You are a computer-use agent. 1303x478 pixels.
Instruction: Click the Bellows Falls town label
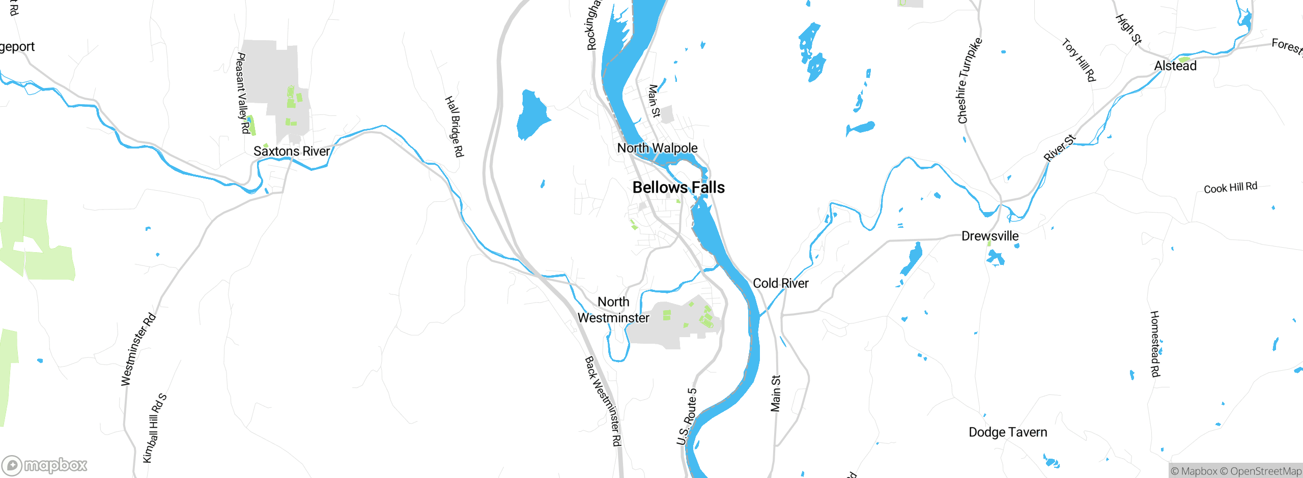pyautogui.click(x=678, y=188)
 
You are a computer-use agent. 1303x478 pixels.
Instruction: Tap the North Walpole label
pyautogui.click(x=657, y=148)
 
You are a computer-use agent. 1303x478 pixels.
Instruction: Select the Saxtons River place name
pyautogui.click(x=292, y=151)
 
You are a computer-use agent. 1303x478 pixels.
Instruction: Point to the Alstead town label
pyautogui.click(x=1175, y=66)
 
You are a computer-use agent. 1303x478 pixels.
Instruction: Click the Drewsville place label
pyautogui.click(x=989, y=236)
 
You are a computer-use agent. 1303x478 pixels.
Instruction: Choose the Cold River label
pyautogui.click(x=780, y=283)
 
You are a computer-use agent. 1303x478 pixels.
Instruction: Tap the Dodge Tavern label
pyautogui.click(x=1007, y=432)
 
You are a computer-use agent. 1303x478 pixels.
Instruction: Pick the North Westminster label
pyautogui.click(x=613, y=310)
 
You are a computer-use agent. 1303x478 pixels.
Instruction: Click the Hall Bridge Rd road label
pyautogui.click(x=455, y=126)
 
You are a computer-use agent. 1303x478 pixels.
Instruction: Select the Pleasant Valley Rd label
pyautogui.click(x=242, y=93)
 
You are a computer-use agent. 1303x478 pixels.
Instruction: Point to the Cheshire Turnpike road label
pyautogui.click(x=969, y=80)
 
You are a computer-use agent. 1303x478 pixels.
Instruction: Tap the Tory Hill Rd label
pyautogui.click(x=1079, y=60)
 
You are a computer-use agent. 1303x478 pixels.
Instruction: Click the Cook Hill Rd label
pyautogui.click(x=1230, y=188)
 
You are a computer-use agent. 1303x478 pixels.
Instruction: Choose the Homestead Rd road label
pyautogui.click(x=1155, y=344)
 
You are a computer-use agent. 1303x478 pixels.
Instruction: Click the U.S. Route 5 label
pyautogui.click(x=687, y=416)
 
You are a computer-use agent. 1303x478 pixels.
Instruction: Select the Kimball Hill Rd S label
pyautogui.click(x=154, y=428)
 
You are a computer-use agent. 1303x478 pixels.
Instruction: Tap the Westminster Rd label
pyautogui.click(x=138, y=349)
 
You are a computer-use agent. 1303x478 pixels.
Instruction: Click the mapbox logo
pyautogui.click(x=45, y=465)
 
